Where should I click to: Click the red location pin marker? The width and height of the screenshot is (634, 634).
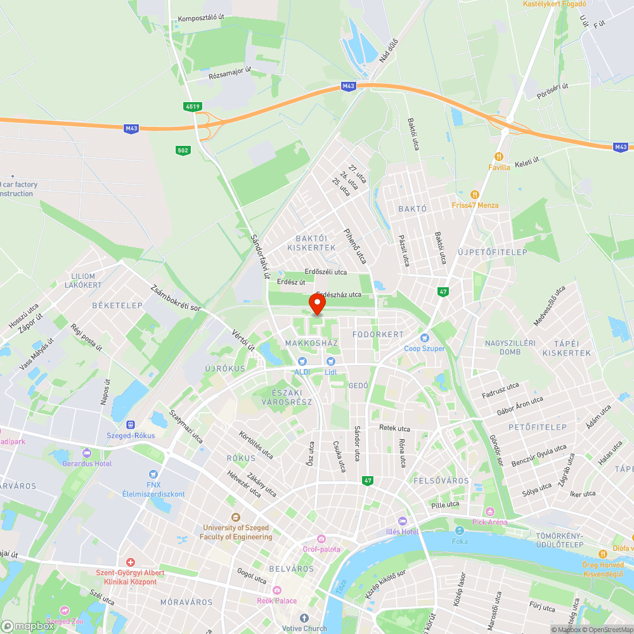316,303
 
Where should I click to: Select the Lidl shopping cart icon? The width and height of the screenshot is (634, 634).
330,361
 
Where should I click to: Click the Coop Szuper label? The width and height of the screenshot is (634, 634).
424,348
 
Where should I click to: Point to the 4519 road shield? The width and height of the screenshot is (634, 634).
193,108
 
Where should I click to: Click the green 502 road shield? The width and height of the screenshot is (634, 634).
183,150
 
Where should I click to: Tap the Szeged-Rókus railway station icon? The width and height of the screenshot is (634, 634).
131,425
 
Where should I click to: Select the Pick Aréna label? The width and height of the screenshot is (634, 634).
489,522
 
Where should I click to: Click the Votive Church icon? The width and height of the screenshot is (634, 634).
304,618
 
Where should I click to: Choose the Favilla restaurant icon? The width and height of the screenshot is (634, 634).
499,157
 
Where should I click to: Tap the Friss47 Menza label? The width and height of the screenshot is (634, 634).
475,205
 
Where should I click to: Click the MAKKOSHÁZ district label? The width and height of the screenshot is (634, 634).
311,343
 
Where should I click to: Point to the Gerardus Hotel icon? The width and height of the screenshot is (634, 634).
87,453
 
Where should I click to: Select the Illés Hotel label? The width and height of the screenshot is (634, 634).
403,531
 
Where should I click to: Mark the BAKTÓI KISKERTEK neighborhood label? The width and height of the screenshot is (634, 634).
311,243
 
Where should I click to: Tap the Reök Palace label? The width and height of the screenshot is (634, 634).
276,600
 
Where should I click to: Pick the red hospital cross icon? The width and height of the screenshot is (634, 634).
130,562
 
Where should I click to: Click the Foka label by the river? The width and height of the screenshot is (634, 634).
460,541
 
